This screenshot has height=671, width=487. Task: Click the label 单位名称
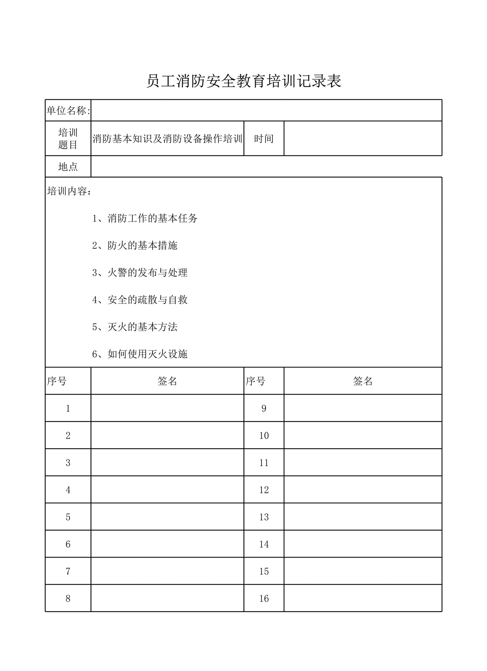point(68,111)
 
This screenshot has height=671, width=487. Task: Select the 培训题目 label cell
point(68,139)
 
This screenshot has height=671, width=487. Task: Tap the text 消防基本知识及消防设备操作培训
point(167,139)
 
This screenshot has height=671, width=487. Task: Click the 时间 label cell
point(264,139)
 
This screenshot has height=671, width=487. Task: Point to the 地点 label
point(68,167)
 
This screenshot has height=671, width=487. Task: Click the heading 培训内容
point(69,191)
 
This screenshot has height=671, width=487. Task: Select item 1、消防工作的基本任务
point(145,219)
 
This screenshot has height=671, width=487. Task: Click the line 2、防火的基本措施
point(135,246)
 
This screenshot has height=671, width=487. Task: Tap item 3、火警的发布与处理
point(140,273)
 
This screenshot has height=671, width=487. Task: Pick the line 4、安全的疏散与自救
point(140,300)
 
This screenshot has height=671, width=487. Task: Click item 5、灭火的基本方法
point(135,327)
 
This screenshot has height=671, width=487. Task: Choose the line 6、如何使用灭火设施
point(140,354)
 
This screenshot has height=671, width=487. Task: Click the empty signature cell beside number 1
point(167,408)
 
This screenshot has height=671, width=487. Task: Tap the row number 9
point(264,409)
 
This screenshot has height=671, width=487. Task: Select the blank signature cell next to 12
point(363,490)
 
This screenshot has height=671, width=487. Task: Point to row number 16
point(264,599)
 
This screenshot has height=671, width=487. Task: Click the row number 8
point(68,599)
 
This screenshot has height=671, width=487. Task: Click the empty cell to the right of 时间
point(363,139)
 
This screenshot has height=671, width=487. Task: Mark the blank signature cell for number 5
point(167,517)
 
